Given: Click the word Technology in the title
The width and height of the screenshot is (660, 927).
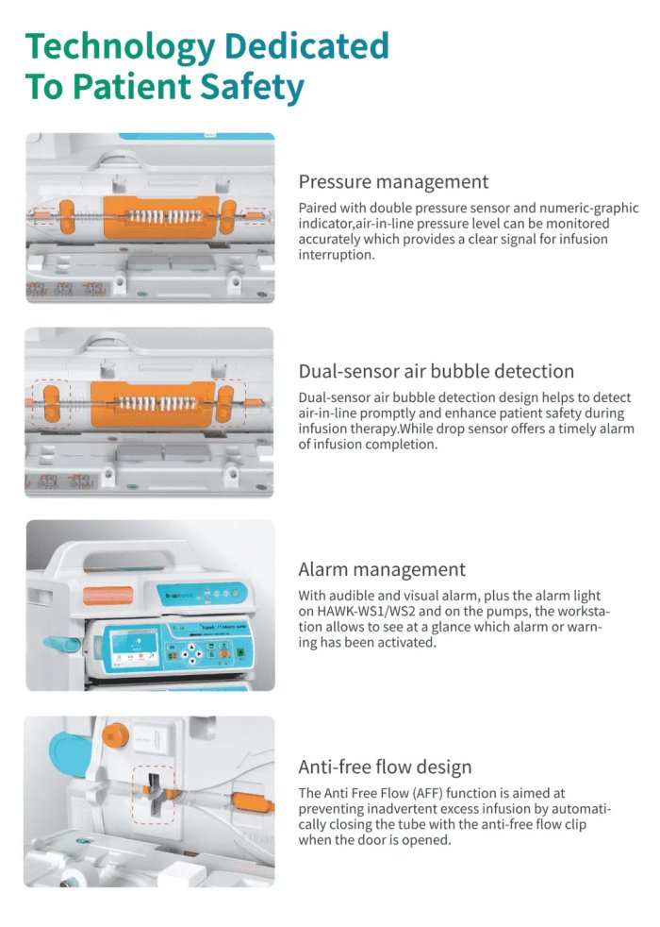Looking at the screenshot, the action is [x=121, y=46].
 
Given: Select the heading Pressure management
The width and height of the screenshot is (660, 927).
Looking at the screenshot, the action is [x=393, y=181].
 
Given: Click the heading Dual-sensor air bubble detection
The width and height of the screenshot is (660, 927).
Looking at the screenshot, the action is [x=436, y=371].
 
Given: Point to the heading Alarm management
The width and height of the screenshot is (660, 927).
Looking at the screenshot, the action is [x=381, y=569].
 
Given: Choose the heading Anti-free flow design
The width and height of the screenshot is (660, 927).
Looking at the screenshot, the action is [x=385, y=767].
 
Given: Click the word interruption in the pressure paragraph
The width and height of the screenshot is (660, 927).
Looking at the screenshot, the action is [x=337, y=255].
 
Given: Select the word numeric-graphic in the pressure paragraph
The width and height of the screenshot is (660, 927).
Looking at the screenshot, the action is [x=588, y=209].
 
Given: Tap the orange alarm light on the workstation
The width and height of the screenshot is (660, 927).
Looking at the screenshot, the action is [x=108, y=595].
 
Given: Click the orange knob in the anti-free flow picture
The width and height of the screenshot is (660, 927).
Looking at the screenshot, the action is [x=115, y=734].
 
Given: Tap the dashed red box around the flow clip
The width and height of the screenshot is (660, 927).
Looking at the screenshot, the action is [x=134, y=795].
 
